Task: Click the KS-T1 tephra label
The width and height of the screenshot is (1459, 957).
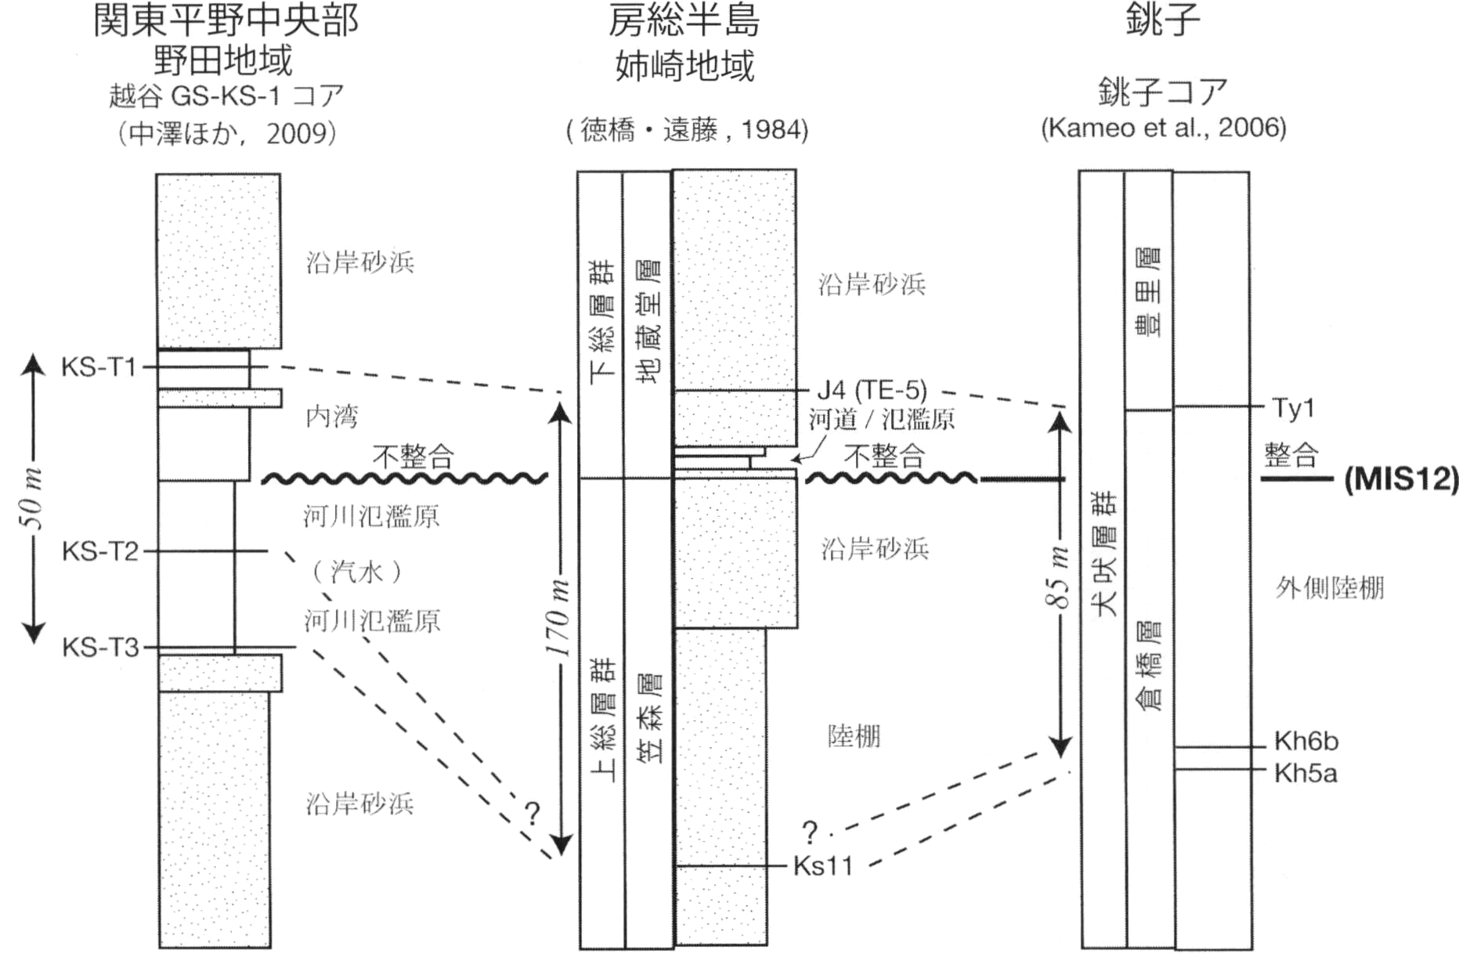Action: tap(99, 367)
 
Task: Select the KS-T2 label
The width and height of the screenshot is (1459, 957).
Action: tap(99, 551)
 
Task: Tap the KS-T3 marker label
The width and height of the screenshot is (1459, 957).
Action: tap(99, 648)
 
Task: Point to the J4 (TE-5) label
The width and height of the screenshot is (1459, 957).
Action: tap(872, 389)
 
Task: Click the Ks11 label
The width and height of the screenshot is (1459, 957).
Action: tap(822, 866)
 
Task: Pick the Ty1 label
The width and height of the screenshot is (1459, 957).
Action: tap(1293, 408)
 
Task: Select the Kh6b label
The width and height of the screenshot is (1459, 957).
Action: tap(1306, 741)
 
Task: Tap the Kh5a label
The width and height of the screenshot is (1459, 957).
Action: tap(1305, 774)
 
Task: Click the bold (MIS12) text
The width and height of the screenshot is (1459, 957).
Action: tap(1401, 479)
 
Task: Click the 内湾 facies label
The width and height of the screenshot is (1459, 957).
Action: tap(331, 417)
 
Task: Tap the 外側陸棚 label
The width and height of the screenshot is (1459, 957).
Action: tap(1329, 587)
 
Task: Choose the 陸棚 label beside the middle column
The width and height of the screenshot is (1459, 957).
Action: tap(854, 736)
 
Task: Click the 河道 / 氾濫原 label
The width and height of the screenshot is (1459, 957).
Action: tap(882, 420)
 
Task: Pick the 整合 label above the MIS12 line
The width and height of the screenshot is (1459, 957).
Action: tap(1291, 455)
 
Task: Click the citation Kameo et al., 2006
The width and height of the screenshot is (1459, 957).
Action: tap(1163, 128)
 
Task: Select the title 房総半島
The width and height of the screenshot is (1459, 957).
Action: tap(684, 21)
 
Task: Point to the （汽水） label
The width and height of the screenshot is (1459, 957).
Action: tap(357, 572)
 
